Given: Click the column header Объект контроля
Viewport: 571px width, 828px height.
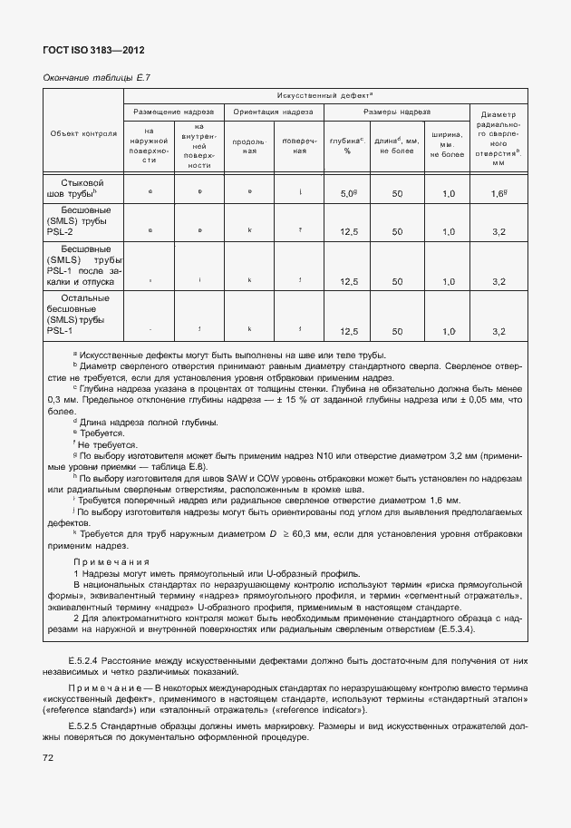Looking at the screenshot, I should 83,134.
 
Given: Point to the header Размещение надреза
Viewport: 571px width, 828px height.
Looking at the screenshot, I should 173,112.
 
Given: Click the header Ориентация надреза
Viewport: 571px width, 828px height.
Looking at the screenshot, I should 273,112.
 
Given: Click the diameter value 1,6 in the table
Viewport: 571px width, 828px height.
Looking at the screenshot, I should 498,194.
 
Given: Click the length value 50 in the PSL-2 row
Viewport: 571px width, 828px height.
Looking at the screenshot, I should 397,232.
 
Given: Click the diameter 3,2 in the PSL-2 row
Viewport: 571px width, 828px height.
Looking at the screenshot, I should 498,232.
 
